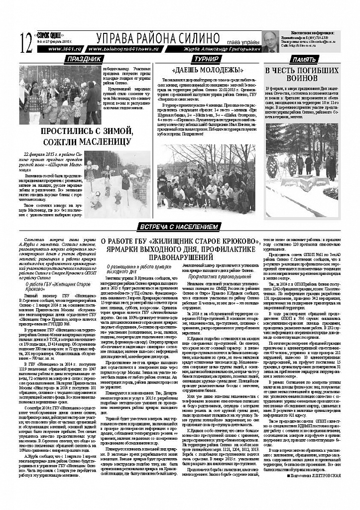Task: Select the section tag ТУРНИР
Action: [204, 59]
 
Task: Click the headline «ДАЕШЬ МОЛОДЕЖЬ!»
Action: [204, 70]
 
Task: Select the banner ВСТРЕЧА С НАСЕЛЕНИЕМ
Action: [179, 227]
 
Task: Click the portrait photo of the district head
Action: [271, 42]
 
